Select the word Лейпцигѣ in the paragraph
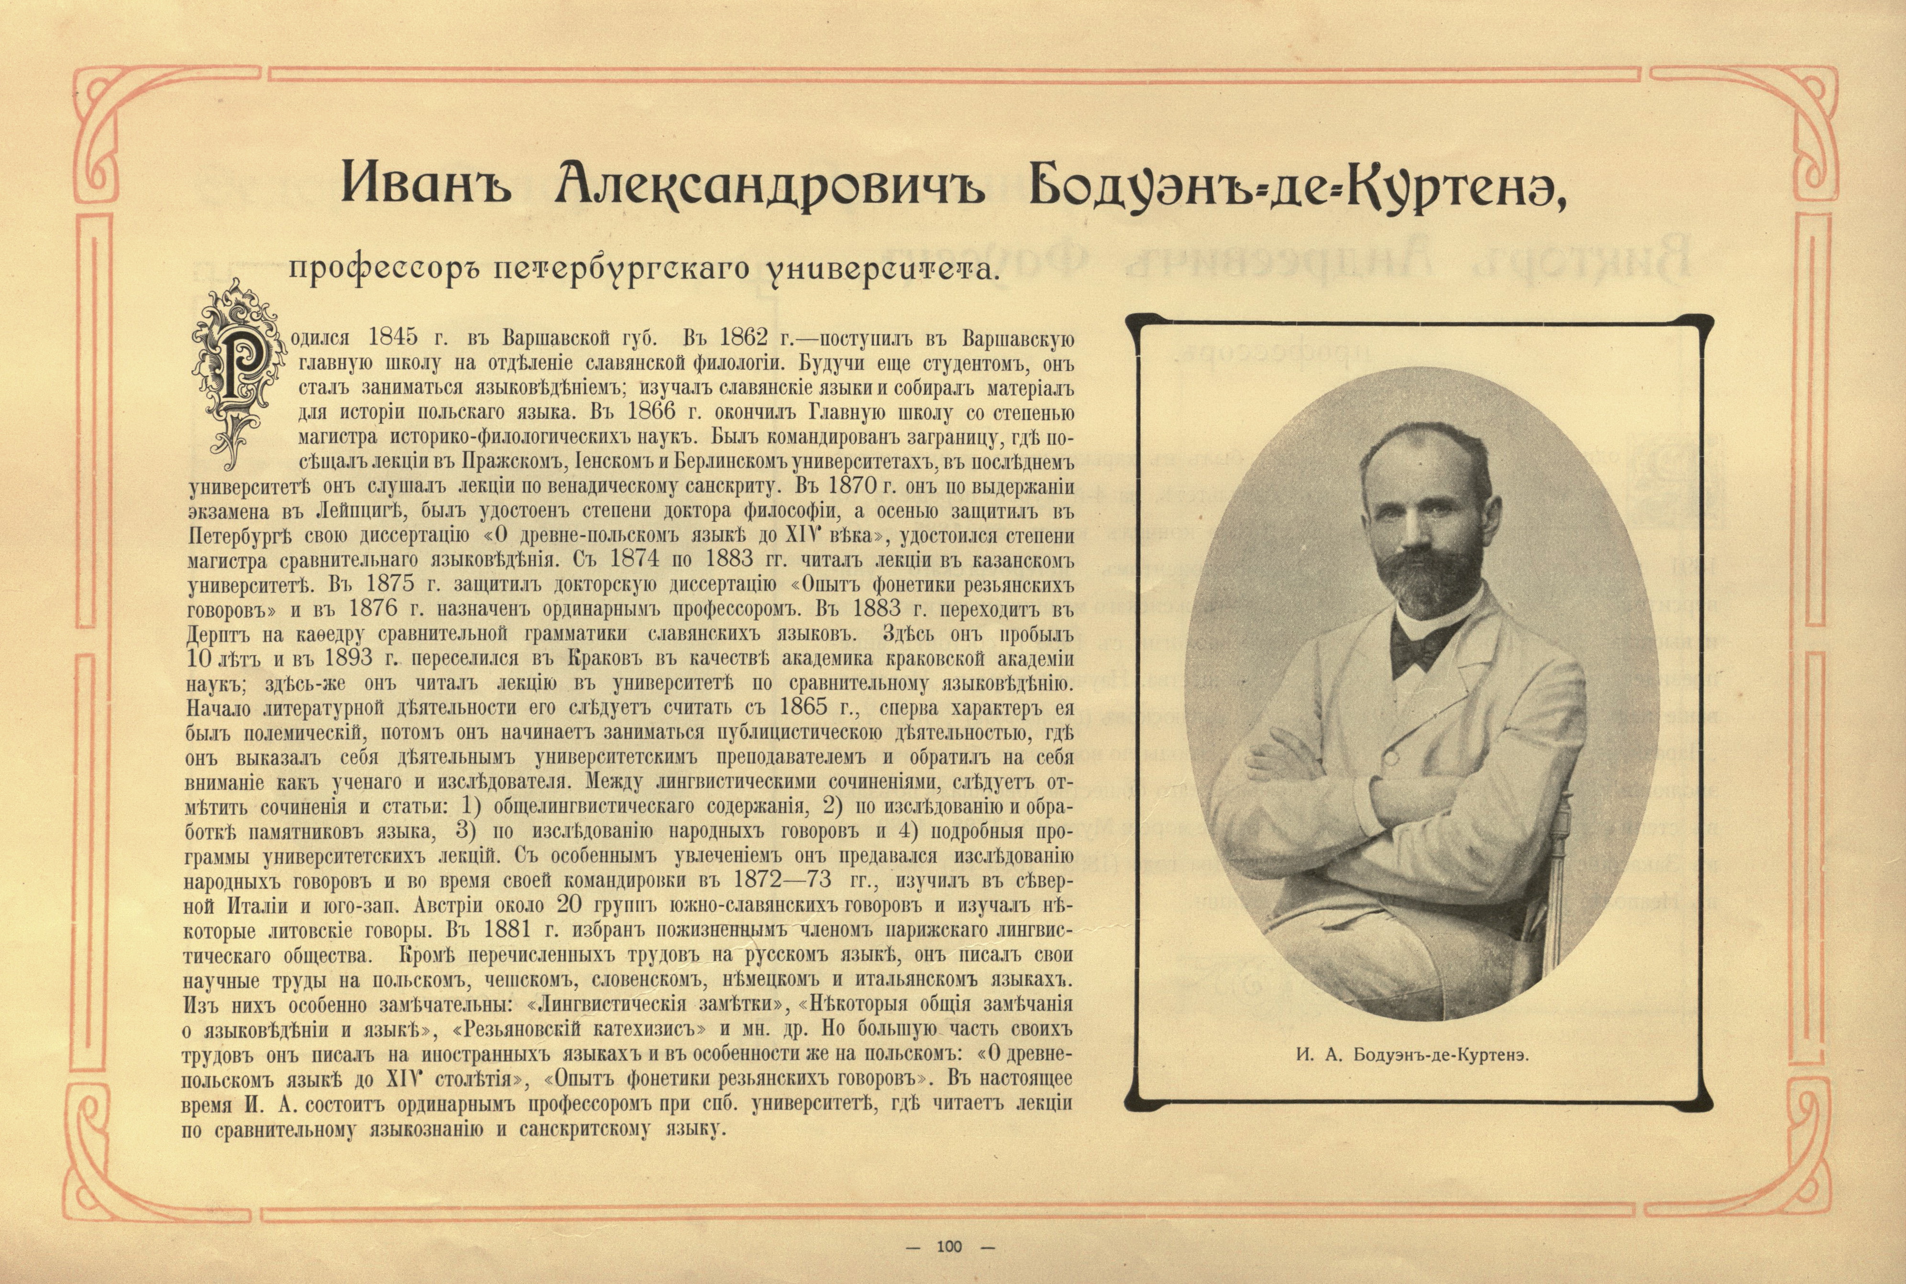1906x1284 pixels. (x=361, y=511)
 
